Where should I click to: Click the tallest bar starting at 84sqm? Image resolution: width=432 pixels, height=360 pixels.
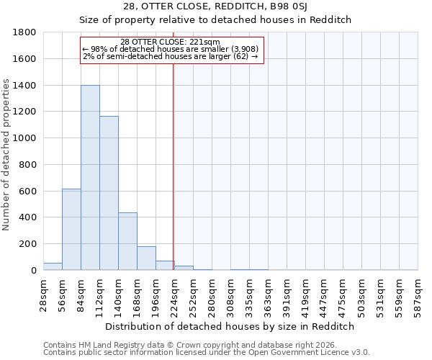coord(90,178)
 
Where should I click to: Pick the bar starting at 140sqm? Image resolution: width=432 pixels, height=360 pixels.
coord(127,241)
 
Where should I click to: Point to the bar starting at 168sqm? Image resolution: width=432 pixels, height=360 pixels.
coord(146,258)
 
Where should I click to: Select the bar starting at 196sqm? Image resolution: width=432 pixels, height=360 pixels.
coord(165,266)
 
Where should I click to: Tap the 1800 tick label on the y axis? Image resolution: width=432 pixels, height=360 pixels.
coord(25,32)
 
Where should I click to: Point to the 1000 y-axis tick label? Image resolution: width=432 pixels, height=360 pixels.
coord(25,138)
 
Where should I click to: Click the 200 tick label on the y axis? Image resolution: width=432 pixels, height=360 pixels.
coord(28,244)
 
